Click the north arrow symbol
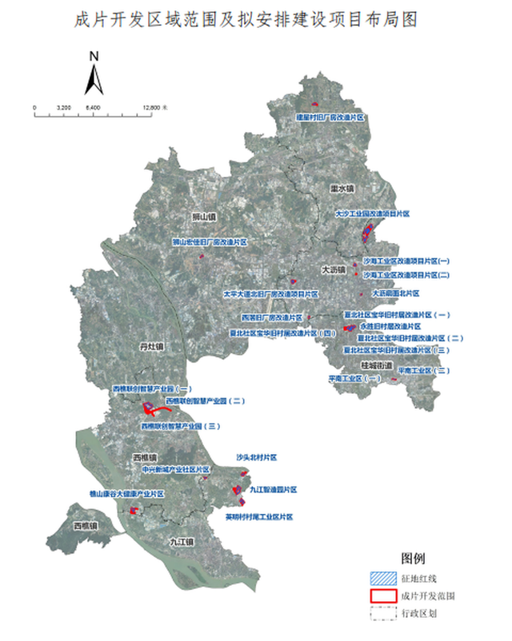94,77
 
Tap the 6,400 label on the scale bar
94,106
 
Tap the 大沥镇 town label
333,269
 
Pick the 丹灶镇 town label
149,347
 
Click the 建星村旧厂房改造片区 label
330,117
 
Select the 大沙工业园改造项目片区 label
372,214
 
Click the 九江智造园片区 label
273,489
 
